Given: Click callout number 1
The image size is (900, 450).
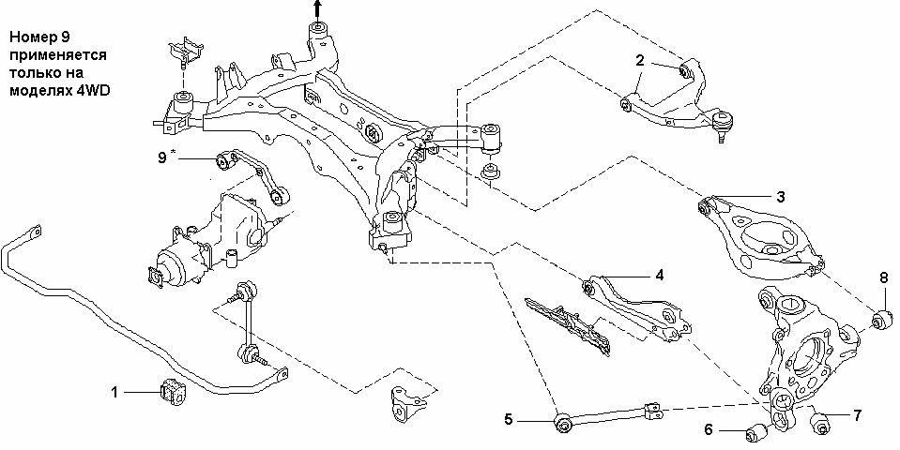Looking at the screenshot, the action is pyautogui.click(x=114, y=392).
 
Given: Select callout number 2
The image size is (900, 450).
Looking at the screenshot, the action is pyautogui.click(x=640, y=60).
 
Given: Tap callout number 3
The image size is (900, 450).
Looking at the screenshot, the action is pyautogui.click(x=781, y=197).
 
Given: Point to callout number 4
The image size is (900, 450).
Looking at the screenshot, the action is pyautogui.click(x=660, y=276).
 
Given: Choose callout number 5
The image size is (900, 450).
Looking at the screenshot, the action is pyautogui.click(x=509, y=420).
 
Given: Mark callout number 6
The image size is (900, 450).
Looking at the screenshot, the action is pyautogui.click(x=709, y=429).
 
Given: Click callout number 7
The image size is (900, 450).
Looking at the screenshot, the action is pyautogui.click(x=857, y=415).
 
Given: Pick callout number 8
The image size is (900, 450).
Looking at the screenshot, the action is pyautogui.click(x=883, y=278).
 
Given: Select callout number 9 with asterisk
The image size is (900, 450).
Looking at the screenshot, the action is pyautogui.click(x=165, y=157).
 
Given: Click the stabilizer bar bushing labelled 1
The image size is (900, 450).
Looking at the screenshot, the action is pyautogui.click(x=173, y=390).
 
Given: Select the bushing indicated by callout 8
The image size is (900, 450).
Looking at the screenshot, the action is pyautogui.click(x=882, y=320).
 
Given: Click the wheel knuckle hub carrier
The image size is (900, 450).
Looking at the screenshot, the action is pyautogui.click(x=803, y=355).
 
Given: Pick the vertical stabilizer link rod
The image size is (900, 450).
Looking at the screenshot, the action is pyautogui.click(x=249, y=320).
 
